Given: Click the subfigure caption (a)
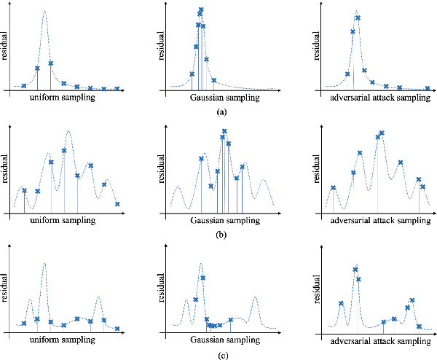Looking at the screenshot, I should tap(221, 111).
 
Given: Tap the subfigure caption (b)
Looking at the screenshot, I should tap(221, 235).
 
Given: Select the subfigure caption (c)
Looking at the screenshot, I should tap(221, 356).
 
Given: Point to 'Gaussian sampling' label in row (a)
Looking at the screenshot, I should tap(221, 96).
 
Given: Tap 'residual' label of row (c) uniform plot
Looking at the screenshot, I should tap(5, 288).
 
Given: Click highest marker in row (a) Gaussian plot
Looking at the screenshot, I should tap(201, 10).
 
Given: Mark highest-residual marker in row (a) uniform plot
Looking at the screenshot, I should tap(51, 63).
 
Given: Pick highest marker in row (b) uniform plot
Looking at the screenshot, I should tap(64, 151).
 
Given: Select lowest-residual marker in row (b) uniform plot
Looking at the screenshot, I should tap(117, 204).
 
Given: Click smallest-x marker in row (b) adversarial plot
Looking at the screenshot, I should tap(334, 188).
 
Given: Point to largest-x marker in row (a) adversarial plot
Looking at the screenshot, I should tap(428, 88).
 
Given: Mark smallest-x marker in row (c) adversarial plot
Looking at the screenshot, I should tap(341, 304).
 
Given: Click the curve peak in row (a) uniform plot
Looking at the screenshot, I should tap(44, 11).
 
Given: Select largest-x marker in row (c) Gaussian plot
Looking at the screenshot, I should tap(231, 320).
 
